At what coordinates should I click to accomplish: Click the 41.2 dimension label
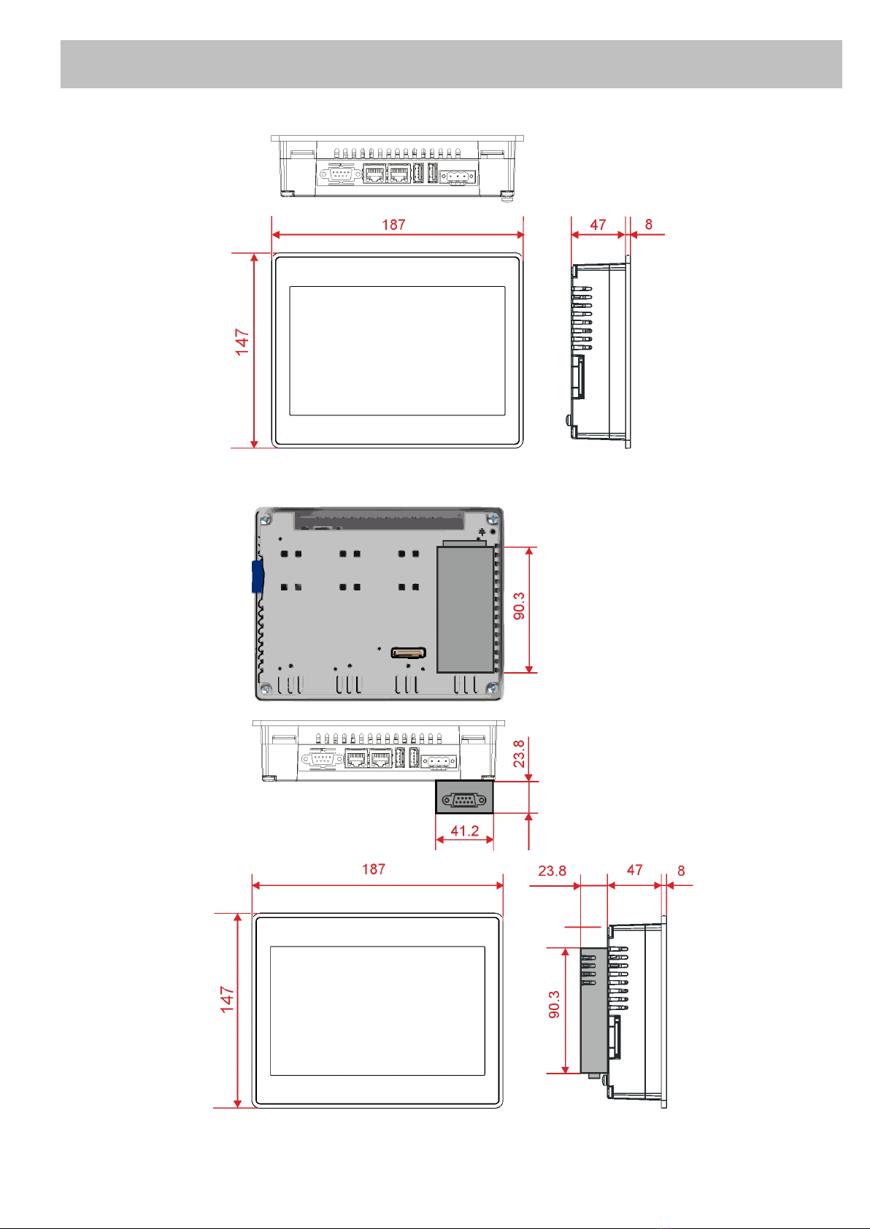[x=464, y=831]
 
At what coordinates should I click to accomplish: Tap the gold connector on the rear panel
[x=408, y=652]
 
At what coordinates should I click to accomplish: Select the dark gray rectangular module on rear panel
[x=465, y=609]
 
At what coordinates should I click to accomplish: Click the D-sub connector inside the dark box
[x=464, y=801]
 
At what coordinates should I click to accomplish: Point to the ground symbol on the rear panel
[x=482, y=531]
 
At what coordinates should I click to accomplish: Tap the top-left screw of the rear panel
[x=266, y=519]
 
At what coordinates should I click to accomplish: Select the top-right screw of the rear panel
[x=493, y=518]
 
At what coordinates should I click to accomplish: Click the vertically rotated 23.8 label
[x=518, y=753]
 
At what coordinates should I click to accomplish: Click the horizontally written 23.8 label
[x=552, y=871]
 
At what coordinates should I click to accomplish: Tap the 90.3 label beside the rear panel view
[x=518, y=606]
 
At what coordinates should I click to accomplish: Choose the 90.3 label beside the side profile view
[x=554, y=1004]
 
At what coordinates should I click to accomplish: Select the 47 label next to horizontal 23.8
[x=635, y=870]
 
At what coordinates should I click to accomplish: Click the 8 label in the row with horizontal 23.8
[x=681, y=871]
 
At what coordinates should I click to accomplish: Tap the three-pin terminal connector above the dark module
[x=439, y=761]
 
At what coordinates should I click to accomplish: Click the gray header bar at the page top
[x=451, y=64]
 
